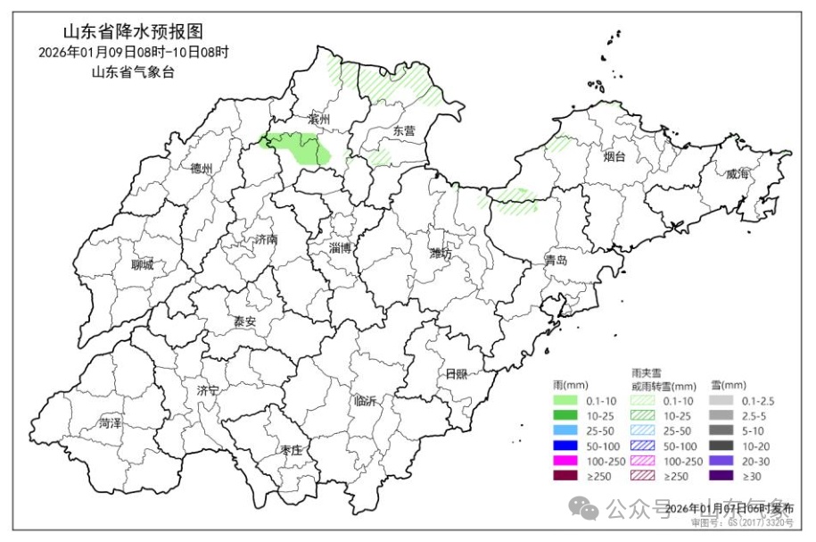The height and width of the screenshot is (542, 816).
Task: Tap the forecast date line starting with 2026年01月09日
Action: [x=134, y=53]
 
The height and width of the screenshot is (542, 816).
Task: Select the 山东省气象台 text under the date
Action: [x=133, y=72]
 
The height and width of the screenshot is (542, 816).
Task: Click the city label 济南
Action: [x=266, y=239]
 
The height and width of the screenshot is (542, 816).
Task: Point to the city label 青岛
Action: [x=556, y=261]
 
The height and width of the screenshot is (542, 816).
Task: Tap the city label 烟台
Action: [x=614, y=157]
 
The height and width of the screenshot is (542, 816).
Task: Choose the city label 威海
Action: [x=737, y=175]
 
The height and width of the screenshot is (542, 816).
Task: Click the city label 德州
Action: [x=202, y=168]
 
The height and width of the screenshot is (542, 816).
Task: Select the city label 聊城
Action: [x=142, y=264]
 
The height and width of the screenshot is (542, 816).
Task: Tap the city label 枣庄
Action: [x=291, y=450]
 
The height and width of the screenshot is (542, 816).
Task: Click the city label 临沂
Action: [x=366, y=401]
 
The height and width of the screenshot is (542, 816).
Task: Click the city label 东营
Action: [x=404, y=130]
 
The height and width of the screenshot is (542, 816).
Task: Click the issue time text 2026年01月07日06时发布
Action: [x=729, y=508]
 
